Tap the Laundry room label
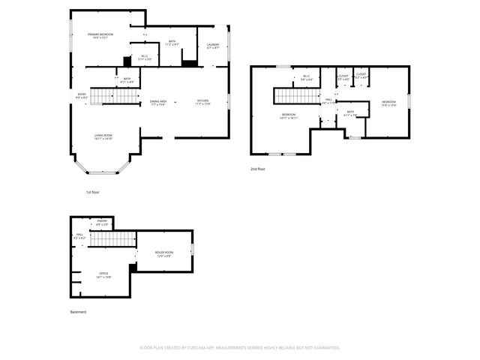212,45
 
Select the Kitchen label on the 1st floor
203,101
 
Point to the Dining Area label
158,101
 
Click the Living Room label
103,136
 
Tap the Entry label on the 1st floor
82,95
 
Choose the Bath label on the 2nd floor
350,114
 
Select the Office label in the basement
103,274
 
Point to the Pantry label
102,222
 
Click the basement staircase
112,238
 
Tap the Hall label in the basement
79,236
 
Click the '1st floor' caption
92,193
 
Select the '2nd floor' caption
257,169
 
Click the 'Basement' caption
79,311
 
